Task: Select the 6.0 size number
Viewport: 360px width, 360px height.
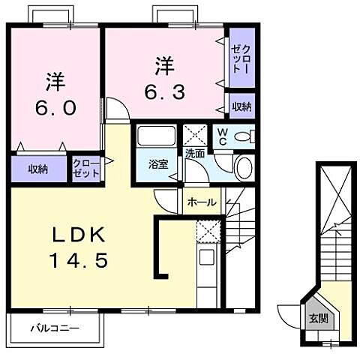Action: point(54,107)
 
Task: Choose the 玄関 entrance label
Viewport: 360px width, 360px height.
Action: point(318,318)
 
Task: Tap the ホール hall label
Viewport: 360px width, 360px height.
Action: point(202,202)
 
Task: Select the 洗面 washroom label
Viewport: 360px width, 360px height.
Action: point(195,153)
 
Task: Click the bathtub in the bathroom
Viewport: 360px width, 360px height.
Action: point(156,138)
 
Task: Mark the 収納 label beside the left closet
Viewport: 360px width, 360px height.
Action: point(38,169)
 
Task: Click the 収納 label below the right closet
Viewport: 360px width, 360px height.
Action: point(241,106)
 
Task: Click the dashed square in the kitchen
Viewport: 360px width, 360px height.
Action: point(207,232)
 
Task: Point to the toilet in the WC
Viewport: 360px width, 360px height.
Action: point(246,137)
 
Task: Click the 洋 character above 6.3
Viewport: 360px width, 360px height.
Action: point(164,65)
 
